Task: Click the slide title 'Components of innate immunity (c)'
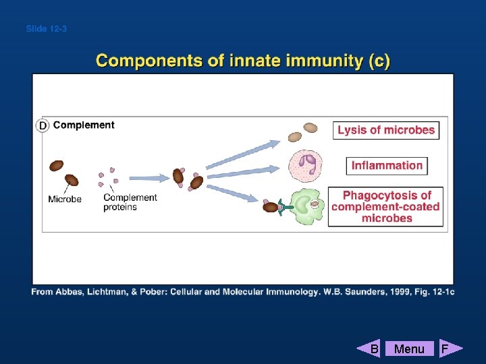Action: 243,61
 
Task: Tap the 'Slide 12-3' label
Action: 46,29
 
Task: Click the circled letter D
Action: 43,125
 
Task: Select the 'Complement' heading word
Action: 84,125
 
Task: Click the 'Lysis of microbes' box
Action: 386,130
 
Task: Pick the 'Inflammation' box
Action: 387,165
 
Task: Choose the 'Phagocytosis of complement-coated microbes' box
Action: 385,207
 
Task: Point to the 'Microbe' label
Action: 65,199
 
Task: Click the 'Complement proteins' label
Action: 130,202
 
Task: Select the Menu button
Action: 409,348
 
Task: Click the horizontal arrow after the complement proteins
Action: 146,179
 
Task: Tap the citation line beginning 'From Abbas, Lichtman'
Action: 243,291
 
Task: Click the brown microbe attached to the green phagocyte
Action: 270,207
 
